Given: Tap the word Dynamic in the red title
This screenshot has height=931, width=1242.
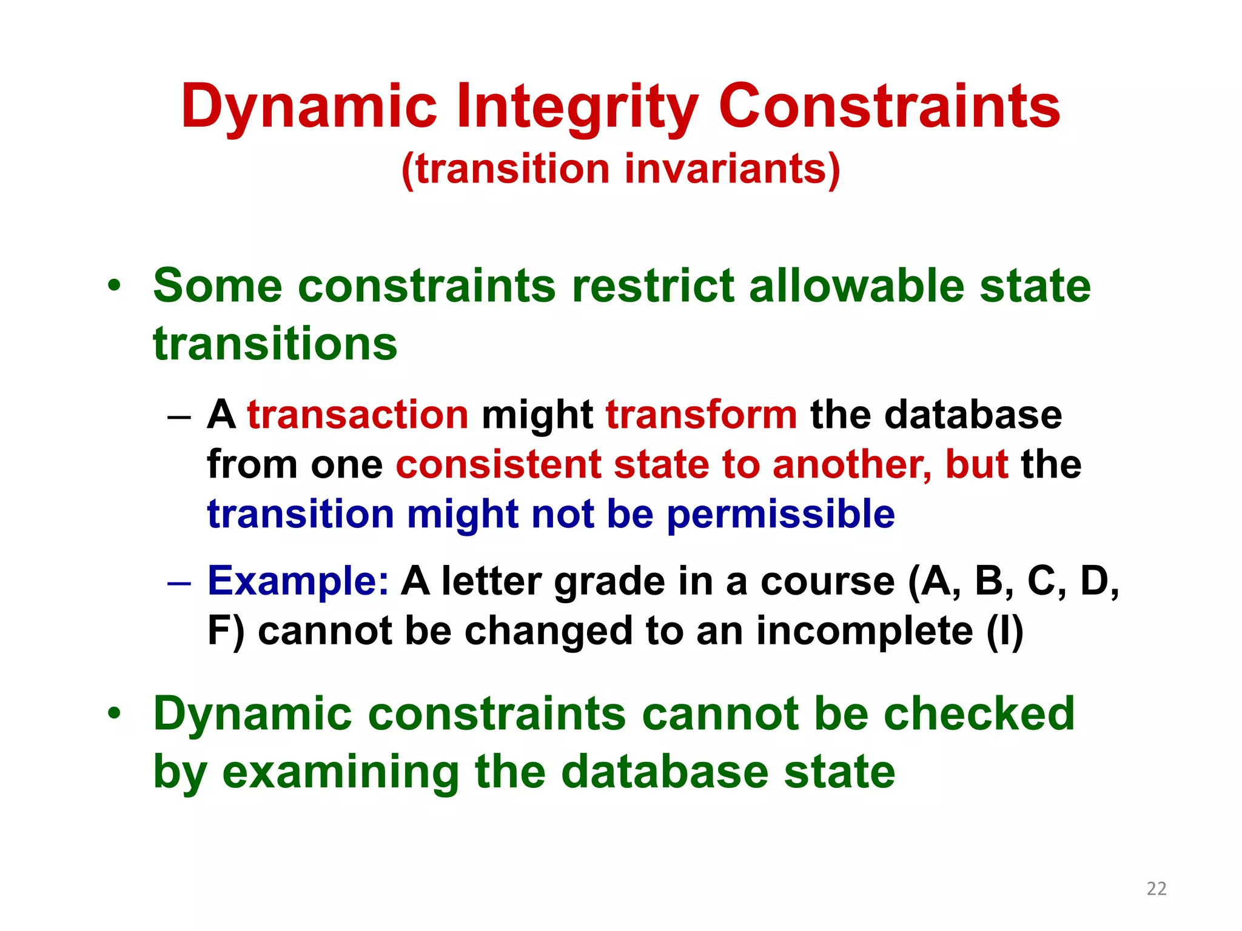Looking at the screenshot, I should pos(309,107).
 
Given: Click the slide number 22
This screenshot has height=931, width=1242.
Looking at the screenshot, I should pos(1156,889).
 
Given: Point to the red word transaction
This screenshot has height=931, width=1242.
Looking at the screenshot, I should pos(358,415).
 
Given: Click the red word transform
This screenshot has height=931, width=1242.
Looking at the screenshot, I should pos(701,415).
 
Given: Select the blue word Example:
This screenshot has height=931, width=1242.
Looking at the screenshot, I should pos(298,581).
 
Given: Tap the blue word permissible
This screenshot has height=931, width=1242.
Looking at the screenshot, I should pos(780,514).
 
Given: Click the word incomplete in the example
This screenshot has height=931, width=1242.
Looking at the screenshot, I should pos(864,631).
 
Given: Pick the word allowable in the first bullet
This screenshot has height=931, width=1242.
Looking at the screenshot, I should pos(856,285).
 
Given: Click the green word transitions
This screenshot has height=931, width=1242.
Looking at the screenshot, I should pos(275,344).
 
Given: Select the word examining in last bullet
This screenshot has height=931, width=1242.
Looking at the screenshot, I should pos(340,772).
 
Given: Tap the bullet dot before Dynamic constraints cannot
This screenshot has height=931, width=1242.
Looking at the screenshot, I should pos(115,713).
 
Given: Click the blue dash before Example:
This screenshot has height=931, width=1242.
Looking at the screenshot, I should pos(179,583).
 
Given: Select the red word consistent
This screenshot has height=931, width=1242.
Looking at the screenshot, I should pos(498,465).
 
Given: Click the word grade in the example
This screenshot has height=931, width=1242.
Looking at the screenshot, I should pos(609,581).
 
